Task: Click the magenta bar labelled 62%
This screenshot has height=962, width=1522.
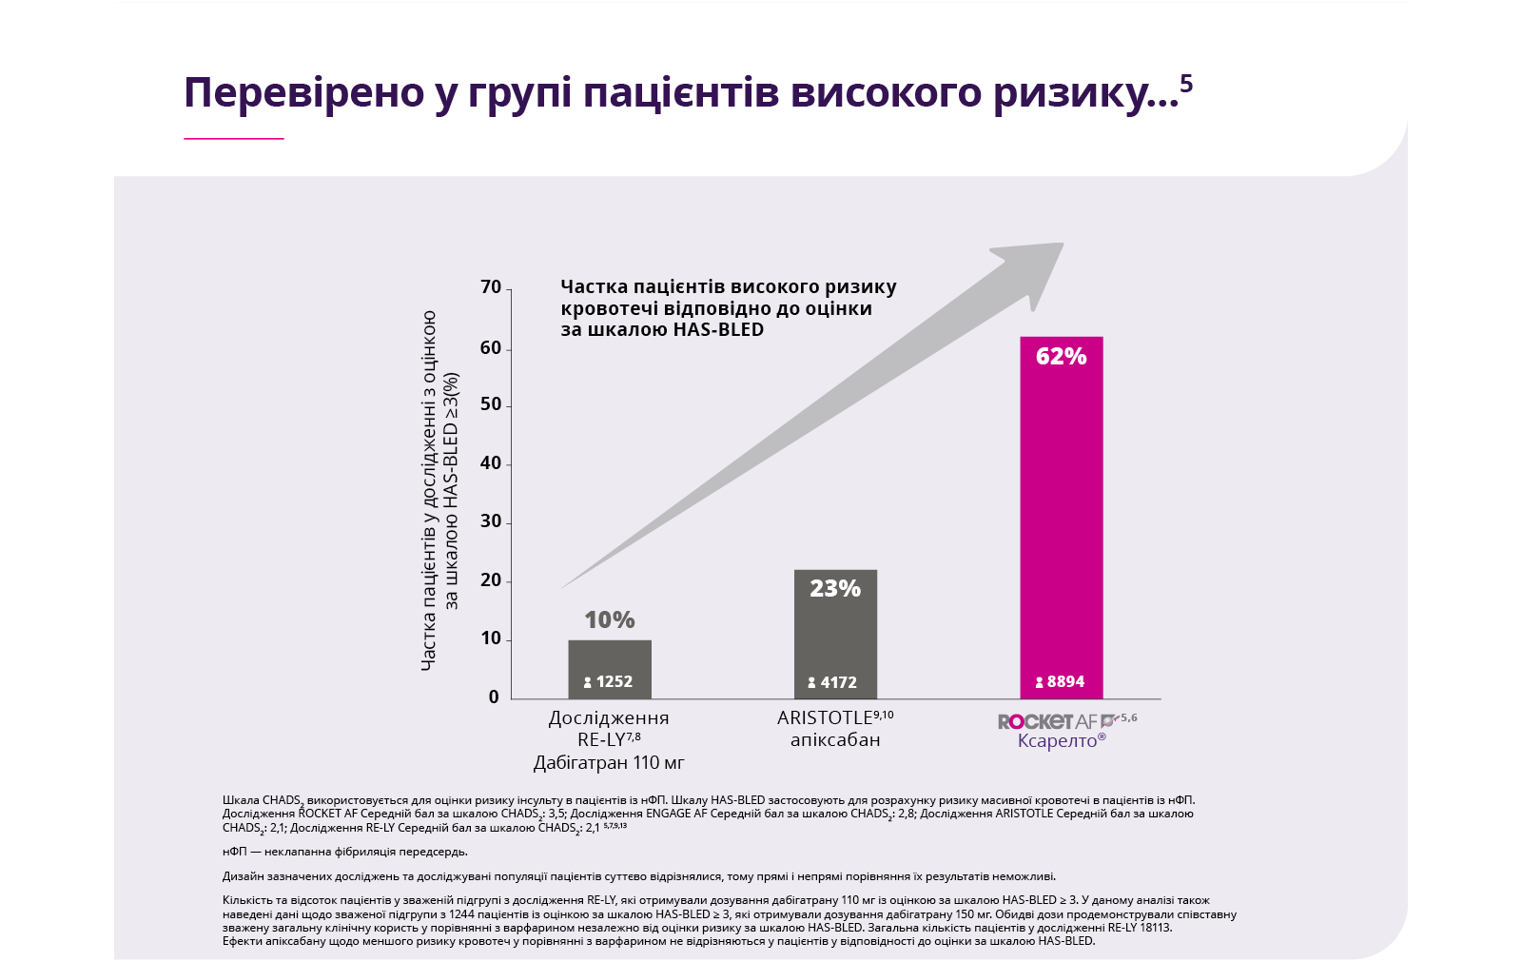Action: coord(1061,514)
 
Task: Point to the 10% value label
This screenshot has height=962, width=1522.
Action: coord(610,620)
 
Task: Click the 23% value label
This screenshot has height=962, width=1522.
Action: coord(835,589)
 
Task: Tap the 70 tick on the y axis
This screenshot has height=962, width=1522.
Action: coord(491,287)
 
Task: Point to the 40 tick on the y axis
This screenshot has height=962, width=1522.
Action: coord(491,463)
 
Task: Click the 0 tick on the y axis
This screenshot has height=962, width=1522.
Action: coord(494,697)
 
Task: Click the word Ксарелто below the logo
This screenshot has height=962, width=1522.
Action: coord(1058,741)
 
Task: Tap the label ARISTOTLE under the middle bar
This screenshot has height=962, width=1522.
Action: coord(825,718)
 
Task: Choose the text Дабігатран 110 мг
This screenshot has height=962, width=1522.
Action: coord(609,763)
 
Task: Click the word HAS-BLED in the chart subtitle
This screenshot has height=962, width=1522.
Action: coord(718,330)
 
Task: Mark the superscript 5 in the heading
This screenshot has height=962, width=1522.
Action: coord(1186,84)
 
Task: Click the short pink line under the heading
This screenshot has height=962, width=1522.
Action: coord(234,139)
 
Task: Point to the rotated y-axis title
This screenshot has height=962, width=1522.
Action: coord(439,490)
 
